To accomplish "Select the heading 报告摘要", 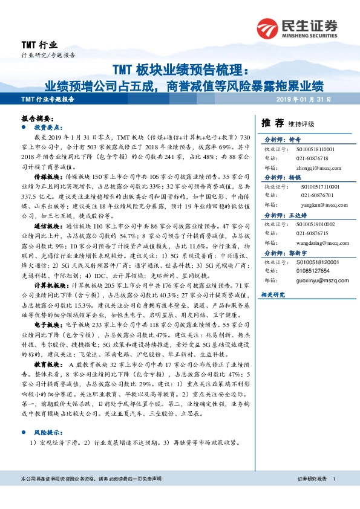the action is click(x=38, y=120).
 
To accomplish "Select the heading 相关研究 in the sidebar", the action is click(x=272, y=294).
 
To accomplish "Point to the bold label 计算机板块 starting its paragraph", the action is click(x=50, y=285).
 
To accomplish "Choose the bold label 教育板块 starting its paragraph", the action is click(x=48, y=366).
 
